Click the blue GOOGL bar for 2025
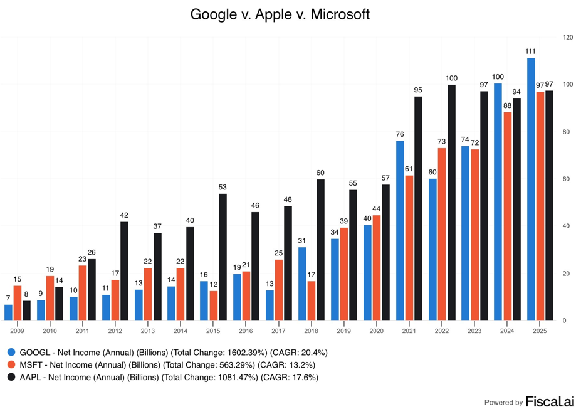(x=531, y=189)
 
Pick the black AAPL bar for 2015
(x=223, y=257)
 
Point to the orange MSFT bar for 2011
(x=83, y=292)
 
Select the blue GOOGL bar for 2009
(x=8, y=312)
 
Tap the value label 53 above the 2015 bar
(x=223, y=187)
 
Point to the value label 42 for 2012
(x=124, y=215)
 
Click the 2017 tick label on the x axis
(x=278, y=331)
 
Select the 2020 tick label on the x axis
(x=376, y=331)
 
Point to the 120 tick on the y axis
(x=568, y=38)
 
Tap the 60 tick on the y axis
(x=567, y=179)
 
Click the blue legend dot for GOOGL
(x=11, y=353)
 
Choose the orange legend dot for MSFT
(x=11, y=365)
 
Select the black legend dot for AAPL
(x=11, y=378)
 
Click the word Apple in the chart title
(x=269, y=14)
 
